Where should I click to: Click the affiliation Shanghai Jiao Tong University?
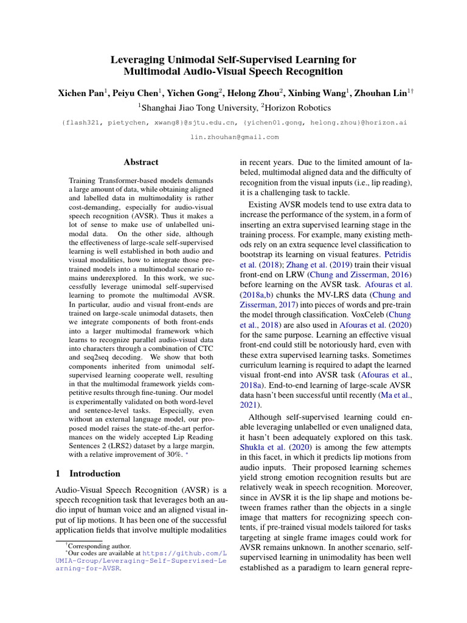coord(198,108)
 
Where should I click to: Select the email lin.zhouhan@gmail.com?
coord(234,137)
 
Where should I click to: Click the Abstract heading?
coord(141,162)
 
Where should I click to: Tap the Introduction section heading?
coord(95,473)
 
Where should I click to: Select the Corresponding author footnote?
coord(93,546)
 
